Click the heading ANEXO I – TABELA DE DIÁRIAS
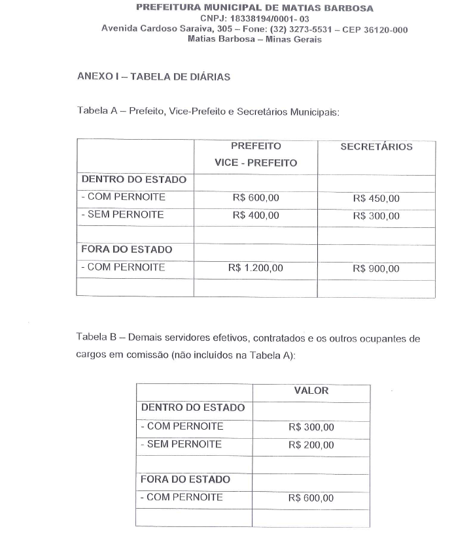click(x=153, y=76)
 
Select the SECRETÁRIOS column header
click(x=376, y=147)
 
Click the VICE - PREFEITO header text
click(x=256, y=163)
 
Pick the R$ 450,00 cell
click(x=375, y=199)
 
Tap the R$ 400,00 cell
click(x=256, y=216)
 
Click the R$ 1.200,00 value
click(x=256, y=268)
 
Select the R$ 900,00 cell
click(x=375, y=268)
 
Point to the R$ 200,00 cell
click(x=311, y=445)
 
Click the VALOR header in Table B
click(x=311, y=391)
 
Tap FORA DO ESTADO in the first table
click(x=126, y=249)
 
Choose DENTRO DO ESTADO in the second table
click(x=193, y=408)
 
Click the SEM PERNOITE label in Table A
click(x=122, y=215)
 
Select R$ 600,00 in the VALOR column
click(x=311, y=498)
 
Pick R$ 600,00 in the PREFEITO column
click(x=256, y=199)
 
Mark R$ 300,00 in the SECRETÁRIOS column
click(x=375, y=216)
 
